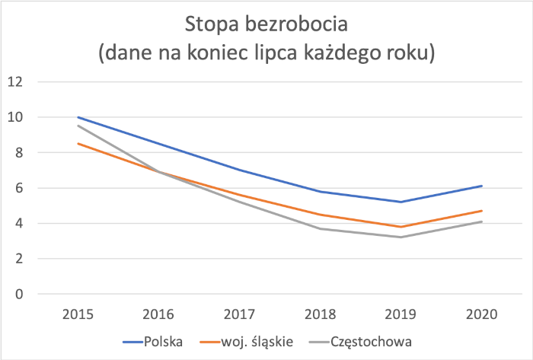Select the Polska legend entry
(x=163, y=340)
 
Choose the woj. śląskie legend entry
(x=254, y=340)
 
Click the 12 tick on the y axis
(x=16, y=81)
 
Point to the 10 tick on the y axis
(x=16, y=117)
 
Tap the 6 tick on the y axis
(x=20, y=188)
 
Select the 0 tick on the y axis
(x=20, y=294)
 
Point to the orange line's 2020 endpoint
(x=482, y=211)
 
